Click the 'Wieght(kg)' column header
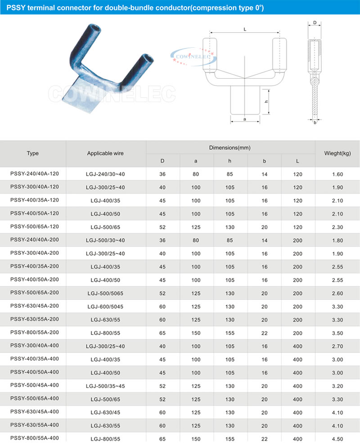[x=337, y=153]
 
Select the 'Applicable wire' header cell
[x=105, y=153]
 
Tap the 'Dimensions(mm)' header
[x=230, y=148]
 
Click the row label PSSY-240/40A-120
[x=33, y=174]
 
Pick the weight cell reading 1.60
[x=337, y=174]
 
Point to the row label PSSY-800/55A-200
[x=33, y=333]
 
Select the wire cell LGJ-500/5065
[x=105, y=293]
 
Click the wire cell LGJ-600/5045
[x=105, y=307]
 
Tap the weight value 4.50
[x=337, y=438]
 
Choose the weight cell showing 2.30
[x=337, y=227]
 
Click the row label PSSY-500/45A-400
[x=33, y=386]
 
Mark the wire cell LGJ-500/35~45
[x=105, y=386]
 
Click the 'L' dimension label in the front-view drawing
[x=244, y=29]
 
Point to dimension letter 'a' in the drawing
[x=244, y=119]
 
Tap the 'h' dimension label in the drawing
[x=266, y=102]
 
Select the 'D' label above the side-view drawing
[x=315, y=22]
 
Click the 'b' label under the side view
[x=315, y=122]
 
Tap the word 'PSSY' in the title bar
[x=16, y=7]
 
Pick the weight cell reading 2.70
[x=337, y=346]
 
